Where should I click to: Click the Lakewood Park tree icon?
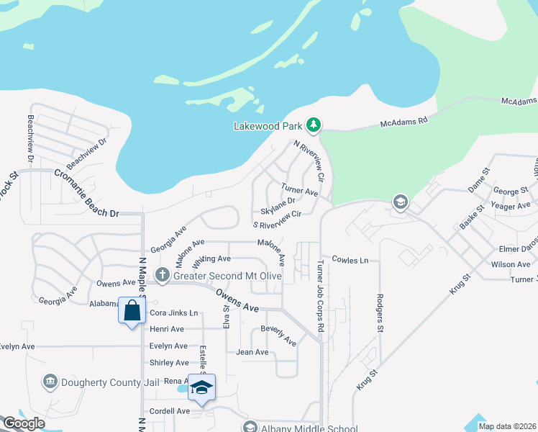314,125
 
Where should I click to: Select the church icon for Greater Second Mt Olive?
163,275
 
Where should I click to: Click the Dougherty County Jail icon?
50,381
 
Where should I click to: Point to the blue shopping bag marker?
132,311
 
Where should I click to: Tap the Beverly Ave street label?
278,335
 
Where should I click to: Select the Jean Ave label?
252,352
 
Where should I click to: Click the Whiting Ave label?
211,258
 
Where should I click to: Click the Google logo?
24,423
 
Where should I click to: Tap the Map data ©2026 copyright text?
506,426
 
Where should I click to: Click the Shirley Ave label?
169,362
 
